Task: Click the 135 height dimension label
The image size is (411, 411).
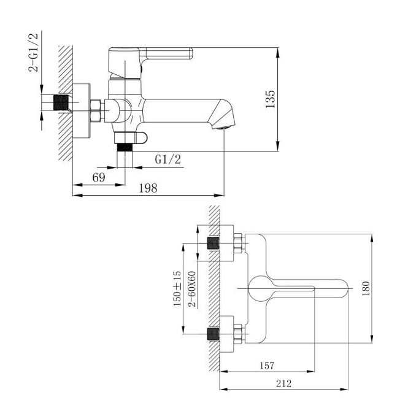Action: pos(271,99)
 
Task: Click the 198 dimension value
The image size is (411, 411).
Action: pos(148,188)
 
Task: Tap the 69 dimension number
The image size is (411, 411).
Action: pos(99,177)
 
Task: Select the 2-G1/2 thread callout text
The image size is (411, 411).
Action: pos(33,52)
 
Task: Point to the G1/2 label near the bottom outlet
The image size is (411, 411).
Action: pos(168,159)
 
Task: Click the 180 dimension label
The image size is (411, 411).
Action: pos(366,288)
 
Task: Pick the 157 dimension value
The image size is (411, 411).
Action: pos(267,366)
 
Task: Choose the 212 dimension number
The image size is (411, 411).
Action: pos(283,383)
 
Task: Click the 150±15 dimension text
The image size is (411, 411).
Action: pos(177,288)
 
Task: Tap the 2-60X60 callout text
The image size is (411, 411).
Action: pos(192,289)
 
